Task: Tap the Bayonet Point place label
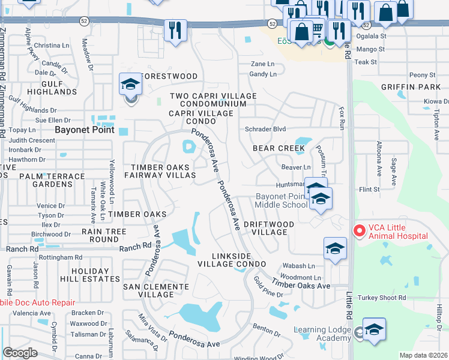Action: (x=84, y=129)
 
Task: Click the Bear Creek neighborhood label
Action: (x=278, y=148)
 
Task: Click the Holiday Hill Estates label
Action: (x=94, y=275)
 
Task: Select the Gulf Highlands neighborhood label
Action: (x=56, y=88)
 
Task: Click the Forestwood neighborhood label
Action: (x=168, y=76)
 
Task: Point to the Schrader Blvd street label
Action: (x=265, y=129)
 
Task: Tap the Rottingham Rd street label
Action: (x=62, y=257)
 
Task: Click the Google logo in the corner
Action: (x=20, y=353)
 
